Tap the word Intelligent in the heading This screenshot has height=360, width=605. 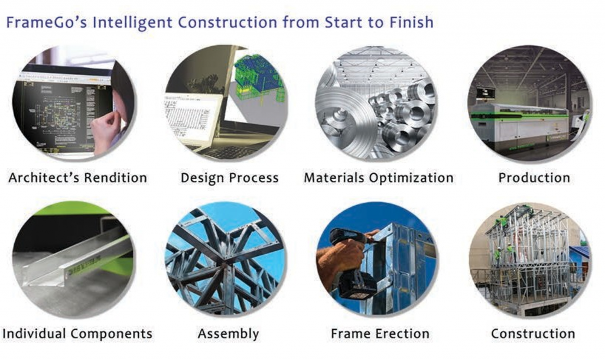[x=132, y=22]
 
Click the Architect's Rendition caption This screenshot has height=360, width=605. [x=77, y=177]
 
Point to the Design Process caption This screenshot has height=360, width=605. [x=230, y=178]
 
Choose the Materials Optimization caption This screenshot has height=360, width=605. [x=379, y=178]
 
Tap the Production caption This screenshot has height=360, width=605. [x=534, y=177]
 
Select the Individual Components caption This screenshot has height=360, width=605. [x=77, y=333]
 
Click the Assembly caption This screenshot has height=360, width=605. [x=228, y=334]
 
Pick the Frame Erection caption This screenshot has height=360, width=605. [x=380, y=333]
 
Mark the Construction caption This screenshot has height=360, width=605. [x=533, y=333]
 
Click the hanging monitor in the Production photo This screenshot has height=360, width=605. [x=486, y=93]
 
